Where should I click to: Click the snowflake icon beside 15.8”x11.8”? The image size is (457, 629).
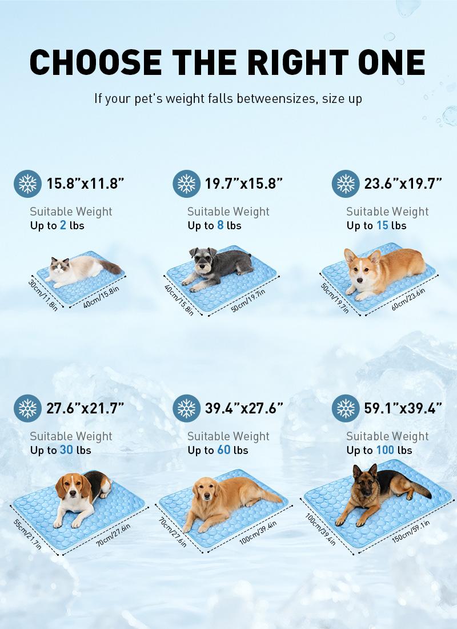click(x=27, y=184)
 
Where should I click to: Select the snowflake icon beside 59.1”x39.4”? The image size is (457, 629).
click(x=346, y=408)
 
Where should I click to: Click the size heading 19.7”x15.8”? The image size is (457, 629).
click(x=244, y=184)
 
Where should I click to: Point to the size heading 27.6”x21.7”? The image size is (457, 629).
click(x=85, y=408)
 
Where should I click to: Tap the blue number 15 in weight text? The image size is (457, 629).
click(x=382, y=225)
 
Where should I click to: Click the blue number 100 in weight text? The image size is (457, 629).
click(x=384, y=450)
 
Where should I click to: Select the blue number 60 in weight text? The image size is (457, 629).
click(x=223, y=450)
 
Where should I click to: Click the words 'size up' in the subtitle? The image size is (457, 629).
click(x=342, y=98)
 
